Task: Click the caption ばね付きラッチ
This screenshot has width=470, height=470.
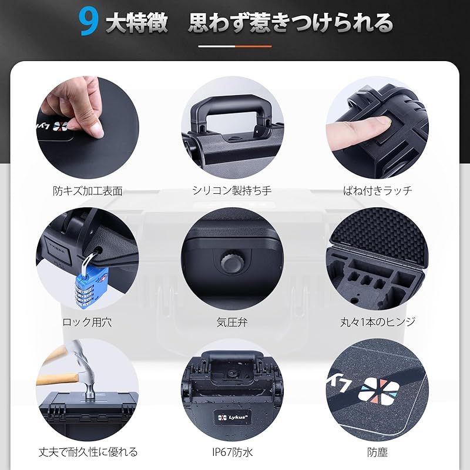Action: click(378, 191)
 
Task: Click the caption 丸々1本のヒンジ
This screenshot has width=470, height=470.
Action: click(378, 322)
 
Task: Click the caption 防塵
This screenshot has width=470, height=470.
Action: click(378, 452)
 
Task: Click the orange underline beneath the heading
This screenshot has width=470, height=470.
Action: click(253, 46)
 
